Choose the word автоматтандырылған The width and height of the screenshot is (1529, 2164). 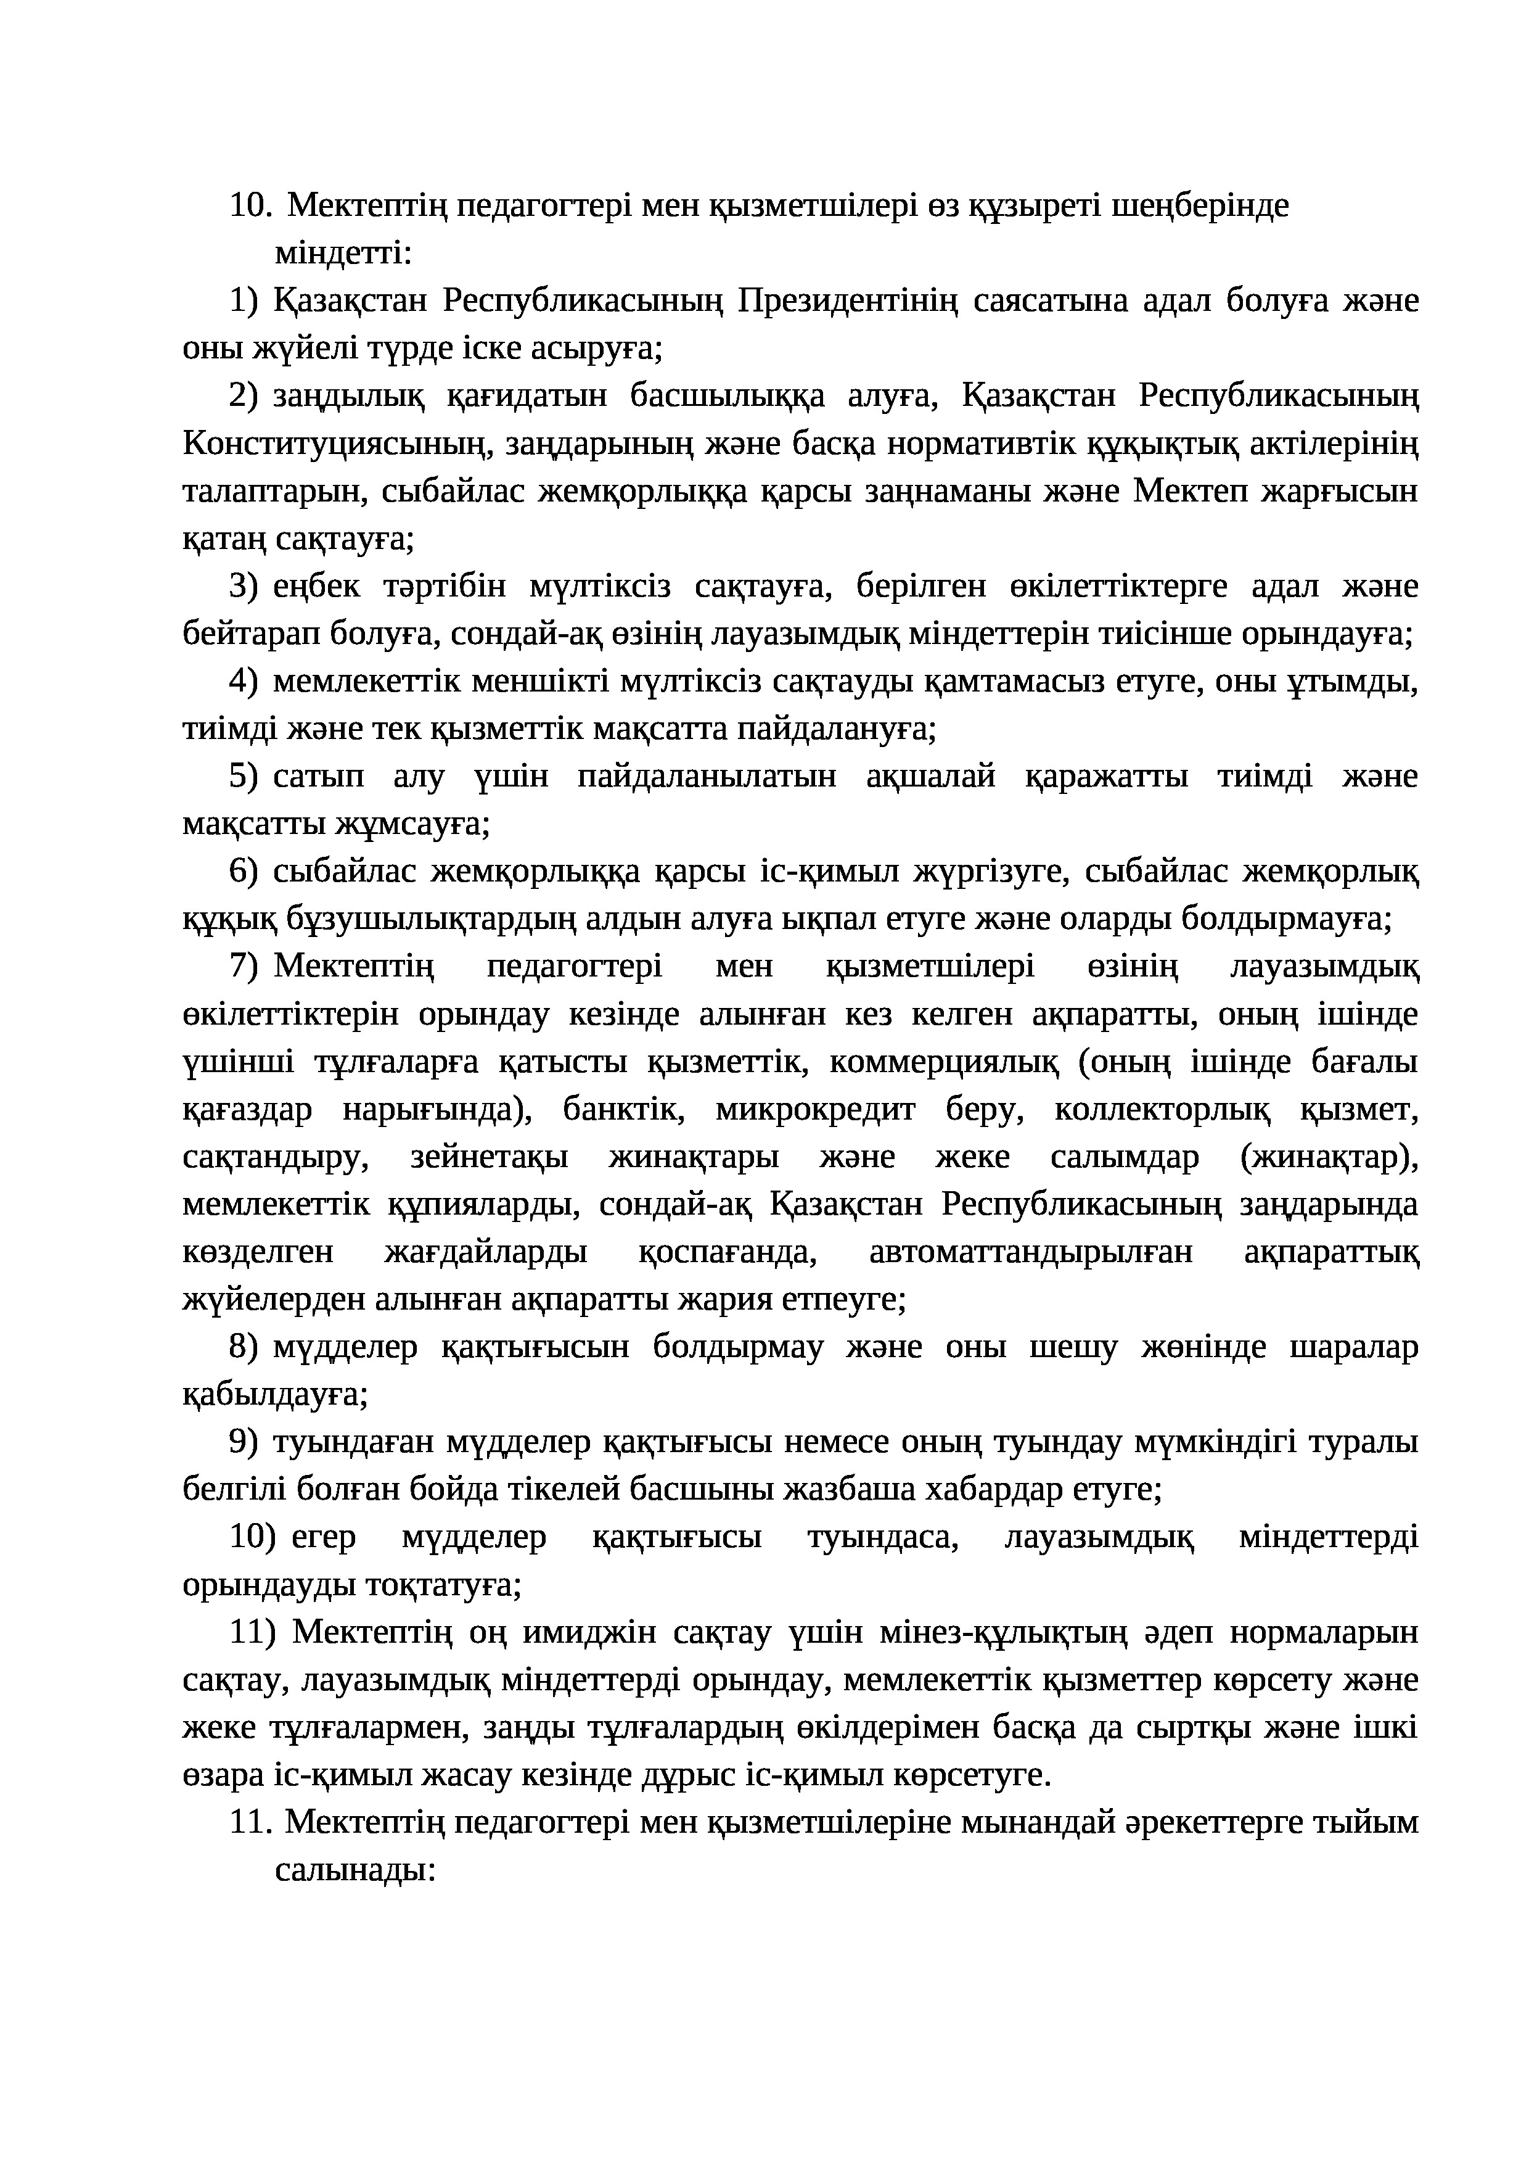[x=1031, y=1253]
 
